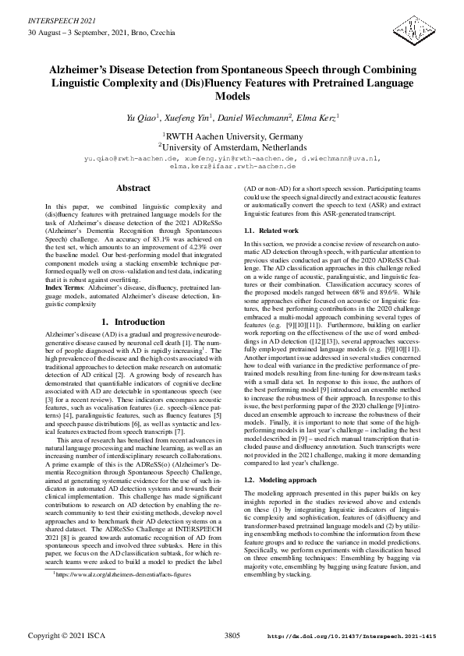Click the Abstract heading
click(133, 189)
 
